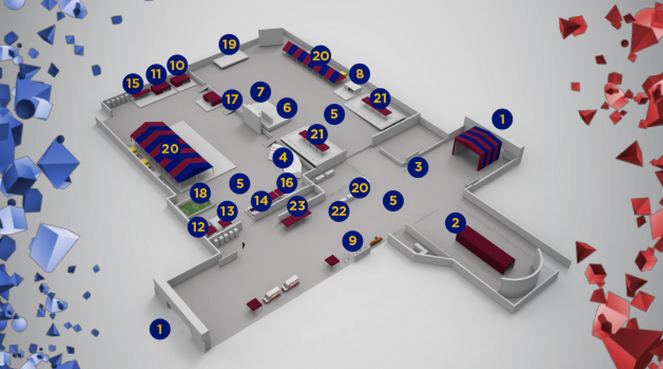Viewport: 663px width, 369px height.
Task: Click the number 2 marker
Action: [x=455, y=223]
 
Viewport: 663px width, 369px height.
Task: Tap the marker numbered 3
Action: [x=418, y=166]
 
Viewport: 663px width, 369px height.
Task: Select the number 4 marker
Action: [x=283, y=158]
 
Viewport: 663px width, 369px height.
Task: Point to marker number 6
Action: [x=287, y=108]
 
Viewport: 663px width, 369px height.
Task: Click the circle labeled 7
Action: [x=261, y=92]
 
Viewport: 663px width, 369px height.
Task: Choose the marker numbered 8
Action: [x=360, y=74]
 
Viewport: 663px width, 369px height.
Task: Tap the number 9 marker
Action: [x=352, y=240]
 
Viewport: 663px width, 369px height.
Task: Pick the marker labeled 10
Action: [x=177, y=65]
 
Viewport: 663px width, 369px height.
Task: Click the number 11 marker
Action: [x=156, y=74]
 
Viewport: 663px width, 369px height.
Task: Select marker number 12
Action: [x=198, y=227]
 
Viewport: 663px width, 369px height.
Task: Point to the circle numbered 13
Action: [x=227, y=212]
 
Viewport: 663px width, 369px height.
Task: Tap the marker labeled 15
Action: [x=132, y=83]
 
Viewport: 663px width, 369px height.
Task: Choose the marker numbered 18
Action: [x=200, y=193]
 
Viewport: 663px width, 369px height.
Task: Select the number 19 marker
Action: [x=229, y=45]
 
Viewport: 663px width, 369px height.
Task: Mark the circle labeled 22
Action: [x=339, y=211]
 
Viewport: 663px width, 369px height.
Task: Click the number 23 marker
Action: [x=298, y=206]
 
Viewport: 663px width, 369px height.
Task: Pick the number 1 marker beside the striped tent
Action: [x=502, y=119]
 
